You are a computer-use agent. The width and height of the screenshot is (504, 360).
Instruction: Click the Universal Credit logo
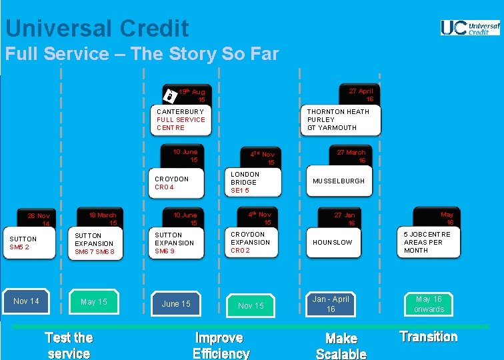tap(470, 27)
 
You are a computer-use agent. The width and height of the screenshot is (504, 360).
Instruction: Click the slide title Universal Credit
tap(97, 28)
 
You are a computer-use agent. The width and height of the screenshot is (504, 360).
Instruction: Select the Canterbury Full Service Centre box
tap(181, 120)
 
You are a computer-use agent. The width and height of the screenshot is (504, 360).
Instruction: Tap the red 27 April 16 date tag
tap(361, 95)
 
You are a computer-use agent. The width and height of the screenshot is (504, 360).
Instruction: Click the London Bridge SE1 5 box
tap(254, 183)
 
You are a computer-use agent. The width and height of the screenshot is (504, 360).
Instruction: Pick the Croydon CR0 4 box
tap(181, 183)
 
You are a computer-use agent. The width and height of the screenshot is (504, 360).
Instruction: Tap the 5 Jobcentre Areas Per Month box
tap(430, 243)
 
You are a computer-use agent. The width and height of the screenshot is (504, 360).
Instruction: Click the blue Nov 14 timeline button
tap(26, 301)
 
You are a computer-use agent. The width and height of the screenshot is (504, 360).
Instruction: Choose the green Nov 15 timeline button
tap(251, 305)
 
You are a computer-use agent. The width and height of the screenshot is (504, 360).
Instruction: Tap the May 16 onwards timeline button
tap(429, 304)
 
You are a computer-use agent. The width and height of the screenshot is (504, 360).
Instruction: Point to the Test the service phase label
tap(69, 345)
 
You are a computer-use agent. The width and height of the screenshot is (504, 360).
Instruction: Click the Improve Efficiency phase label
tap(221, 345)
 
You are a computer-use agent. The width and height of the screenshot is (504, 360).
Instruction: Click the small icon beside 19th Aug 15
tap(170, 94)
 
